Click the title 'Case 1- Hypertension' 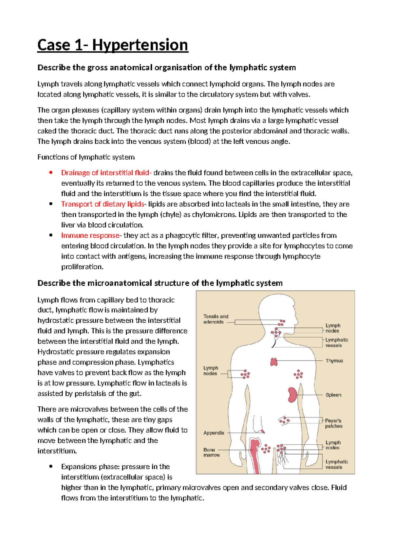click(113, 45)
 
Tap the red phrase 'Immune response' click(90, 236)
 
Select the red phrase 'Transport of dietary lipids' click(103, 204)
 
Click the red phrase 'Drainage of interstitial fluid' click(105, 173)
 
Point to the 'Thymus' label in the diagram click(334, 361)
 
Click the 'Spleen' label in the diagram click(333, 395)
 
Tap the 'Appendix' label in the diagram click(214, 433)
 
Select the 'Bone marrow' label click(211, 452)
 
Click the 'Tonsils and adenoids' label click(215, 319)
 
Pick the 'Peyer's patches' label click(333, 423)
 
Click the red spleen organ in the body click(292, 395)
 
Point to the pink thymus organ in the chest click(274, 362)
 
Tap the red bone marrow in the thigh click(254, 455)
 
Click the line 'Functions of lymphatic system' click(86, 157)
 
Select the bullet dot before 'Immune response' click(51, 235)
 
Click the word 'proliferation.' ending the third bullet click(82, 267)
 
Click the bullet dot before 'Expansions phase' click(51, 466)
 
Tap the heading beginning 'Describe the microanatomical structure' click(160, 283)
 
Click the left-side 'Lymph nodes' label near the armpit click(210, 370)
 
